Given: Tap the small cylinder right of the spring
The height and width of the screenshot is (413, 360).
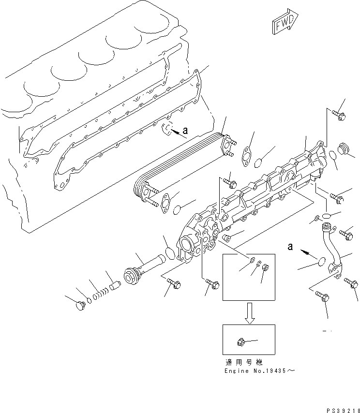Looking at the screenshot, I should pyautogui.click(x=114, y=286).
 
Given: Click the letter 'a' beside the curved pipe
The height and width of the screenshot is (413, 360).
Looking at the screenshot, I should pyautogui.click(x=290, y=247).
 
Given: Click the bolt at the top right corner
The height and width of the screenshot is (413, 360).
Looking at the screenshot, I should pyautogui.click(x=338, y=115).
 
